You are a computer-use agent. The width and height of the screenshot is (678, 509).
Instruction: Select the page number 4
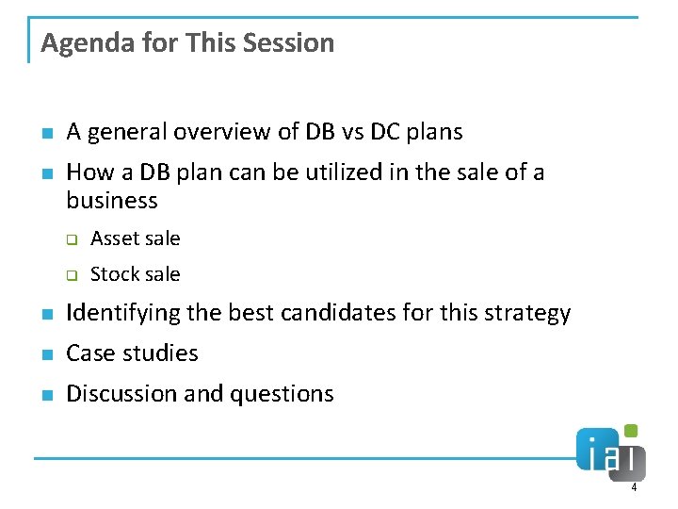click(x=634, y=487)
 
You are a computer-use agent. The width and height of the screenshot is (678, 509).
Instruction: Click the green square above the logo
click(x=631, y=431)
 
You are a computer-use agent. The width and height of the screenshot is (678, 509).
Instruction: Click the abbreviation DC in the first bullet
click(x=385, y=132)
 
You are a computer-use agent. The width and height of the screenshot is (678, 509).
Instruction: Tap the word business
click(x=112, y=201)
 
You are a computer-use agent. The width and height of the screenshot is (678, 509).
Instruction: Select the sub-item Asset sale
click(x=135, y=238)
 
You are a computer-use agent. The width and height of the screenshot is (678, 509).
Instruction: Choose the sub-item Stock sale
click(x=135, y=274)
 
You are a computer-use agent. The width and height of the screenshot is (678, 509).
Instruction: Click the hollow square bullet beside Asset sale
click(x=70, y=239)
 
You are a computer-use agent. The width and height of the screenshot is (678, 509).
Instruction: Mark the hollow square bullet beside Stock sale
click(x=70, y=275)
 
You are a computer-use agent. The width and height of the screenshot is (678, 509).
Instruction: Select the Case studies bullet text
click(x=132, y=353)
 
